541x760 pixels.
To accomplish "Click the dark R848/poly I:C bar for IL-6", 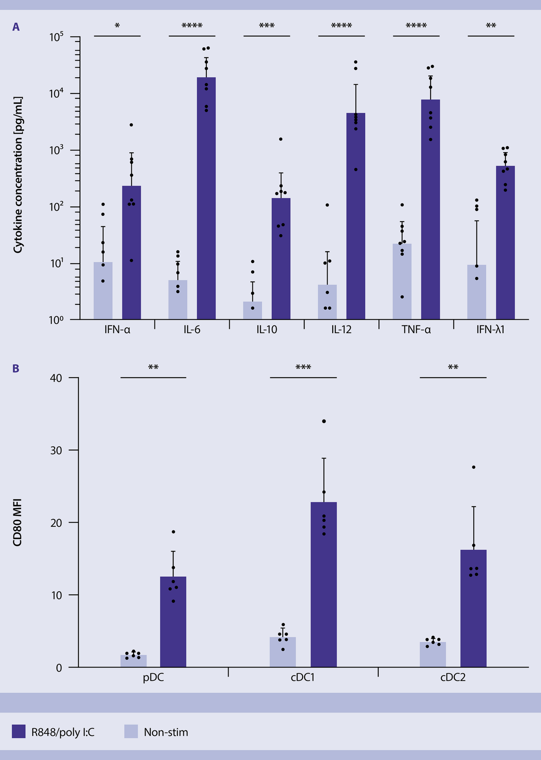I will tap(206, 198).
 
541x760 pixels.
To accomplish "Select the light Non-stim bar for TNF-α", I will tap(402, 281).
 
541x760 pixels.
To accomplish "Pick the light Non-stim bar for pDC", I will tap(133, 661).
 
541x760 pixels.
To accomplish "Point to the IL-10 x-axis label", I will tap(267, 330).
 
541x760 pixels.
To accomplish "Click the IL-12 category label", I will tap(341, 330).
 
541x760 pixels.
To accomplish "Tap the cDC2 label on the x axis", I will tap(453, 677).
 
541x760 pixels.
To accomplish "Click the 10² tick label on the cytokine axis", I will tap(57, 207).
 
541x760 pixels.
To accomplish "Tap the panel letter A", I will tap(16, 27).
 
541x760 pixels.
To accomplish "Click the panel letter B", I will tap(16, 369).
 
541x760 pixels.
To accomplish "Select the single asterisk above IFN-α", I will tap(117, 27).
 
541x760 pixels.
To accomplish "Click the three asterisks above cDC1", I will tap(303, 368).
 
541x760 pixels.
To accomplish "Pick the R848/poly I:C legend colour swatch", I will tap(19, 731).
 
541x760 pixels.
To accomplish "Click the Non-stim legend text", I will tap(166, 732).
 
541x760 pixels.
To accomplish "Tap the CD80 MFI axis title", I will tap(17, 522).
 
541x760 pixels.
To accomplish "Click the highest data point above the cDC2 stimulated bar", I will tap(473, 467).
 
